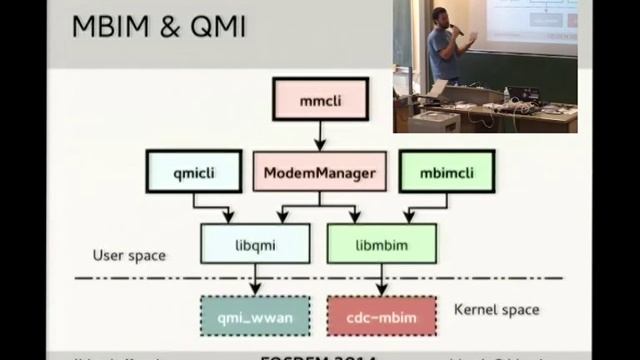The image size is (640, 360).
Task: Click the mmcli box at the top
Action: tap(320, 100)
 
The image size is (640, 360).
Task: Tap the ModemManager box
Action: tap(319, 172)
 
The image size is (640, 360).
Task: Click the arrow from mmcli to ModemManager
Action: tap(320, 135)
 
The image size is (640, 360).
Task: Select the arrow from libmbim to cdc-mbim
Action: tap(381, 280)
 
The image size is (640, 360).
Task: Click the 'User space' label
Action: tap(129, 256)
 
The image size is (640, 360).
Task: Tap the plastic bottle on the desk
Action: tap(507, 94)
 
